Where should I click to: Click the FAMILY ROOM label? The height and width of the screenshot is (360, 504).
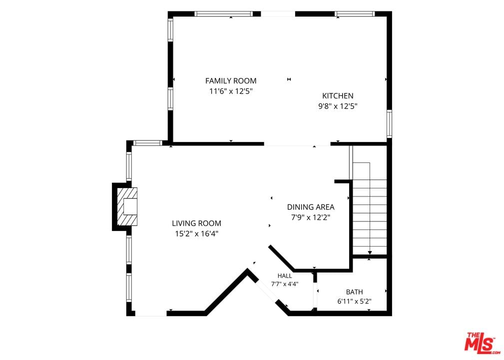[231, 81]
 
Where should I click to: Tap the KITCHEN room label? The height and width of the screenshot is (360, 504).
[338, 95]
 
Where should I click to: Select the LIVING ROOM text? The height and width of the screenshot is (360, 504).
[196, 223]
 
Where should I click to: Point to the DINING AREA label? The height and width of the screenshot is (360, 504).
[311, 207]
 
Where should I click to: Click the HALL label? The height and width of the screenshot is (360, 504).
[285, 275]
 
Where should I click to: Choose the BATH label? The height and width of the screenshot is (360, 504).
[354, 292]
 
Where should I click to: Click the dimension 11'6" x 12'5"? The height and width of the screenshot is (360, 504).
[231, 91]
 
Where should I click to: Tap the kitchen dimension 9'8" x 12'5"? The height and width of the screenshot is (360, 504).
[338, 106]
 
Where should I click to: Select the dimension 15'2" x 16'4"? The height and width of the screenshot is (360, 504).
[196, 233]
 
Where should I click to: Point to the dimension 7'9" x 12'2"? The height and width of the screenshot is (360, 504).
[311, 217]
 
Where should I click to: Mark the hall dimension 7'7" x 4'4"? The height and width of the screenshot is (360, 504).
[285, 284]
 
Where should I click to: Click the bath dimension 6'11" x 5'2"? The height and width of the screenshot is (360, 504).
[354, 301]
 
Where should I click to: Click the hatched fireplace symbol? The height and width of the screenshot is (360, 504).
[127, 206]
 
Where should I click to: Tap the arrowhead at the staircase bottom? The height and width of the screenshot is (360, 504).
[370, 252]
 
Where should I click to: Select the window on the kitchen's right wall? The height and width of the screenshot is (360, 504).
[389, 123]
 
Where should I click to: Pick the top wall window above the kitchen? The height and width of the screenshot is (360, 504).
[355, 14]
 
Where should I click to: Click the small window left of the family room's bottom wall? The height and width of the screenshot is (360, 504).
[147, 143]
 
